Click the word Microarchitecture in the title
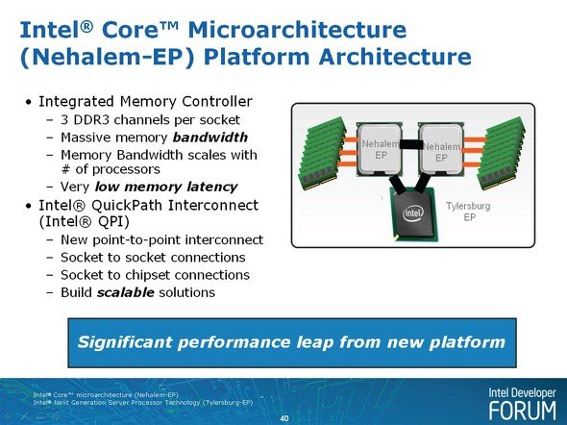[x=297, y=30]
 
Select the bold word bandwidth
[x=210, y=137]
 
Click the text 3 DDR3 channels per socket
[x=150, y=120]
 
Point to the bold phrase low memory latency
[x=166, y=187]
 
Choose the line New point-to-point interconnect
[x=162, y=239]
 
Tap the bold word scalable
[x=126, y=292]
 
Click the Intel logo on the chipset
[x=412, y=213]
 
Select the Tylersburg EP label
[x=469, y=212]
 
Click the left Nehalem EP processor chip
[x=379, y=149]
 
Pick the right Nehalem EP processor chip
[x=441, y=149]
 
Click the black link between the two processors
[x=410, y=144]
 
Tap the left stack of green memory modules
[x=322, y=153]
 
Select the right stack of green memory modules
[x=501, y=153]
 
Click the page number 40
[x=284, y=418]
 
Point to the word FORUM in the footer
[x=523, y=411]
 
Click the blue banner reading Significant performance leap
[x=292, y=342]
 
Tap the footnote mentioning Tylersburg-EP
[x=143, y=403]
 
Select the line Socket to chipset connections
[x=155, y=275]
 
